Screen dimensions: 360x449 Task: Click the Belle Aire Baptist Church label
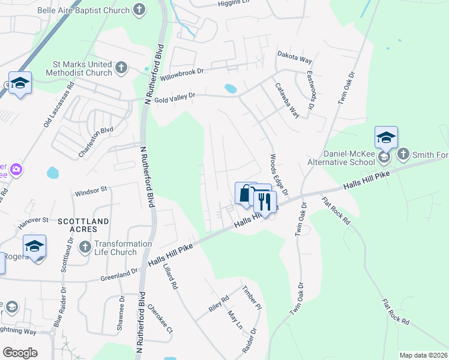pos(92,10)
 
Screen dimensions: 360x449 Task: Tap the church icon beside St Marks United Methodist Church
pos(121,67)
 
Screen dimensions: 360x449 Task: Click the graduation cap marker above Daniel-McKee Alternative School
pos(385,137)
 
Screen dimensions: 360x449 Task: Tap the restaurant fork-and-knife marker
pos(264,203)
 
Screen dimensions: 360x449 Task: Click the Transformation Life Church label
pos(123,248)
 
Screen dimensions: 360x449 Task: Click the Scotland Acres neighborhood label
pos(83,221)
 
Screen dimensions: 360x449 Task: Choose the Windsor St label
pos(91,191)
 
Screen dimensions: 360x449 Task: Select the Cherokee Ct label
pos(160,322)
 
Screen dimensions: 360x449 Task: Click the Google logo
pos(20,353)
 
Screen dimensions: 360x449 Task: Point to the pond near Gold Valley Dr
pos(231,89)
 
